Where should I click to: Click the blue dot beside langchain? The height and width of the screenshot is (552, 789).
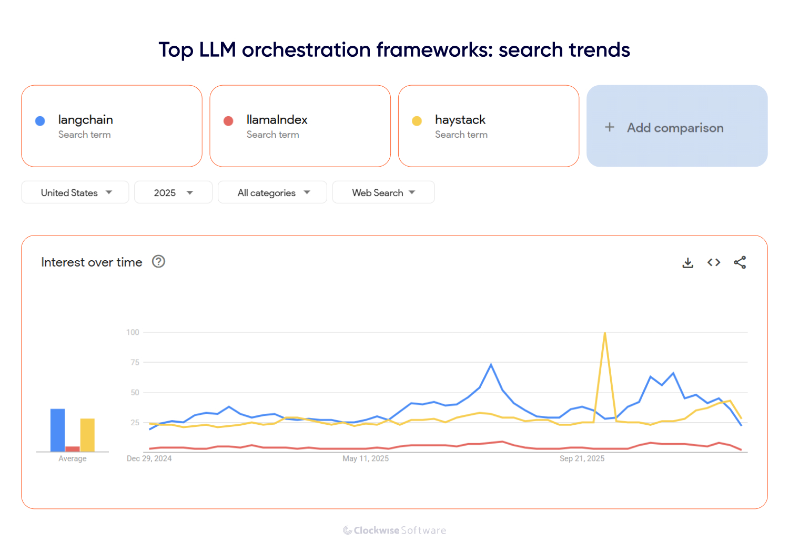tap(40, 121)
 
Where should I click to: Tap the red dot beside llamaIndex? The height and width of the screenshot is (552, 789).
tap(228, 121)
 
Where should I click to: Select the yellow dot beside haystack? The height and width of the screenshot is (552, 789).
tap(417, 121)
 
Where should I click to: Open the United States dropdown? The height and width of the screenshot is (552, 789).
tap(75, 192)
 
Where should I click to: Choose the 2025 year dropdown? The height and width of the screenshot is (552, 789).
tap(173, 192)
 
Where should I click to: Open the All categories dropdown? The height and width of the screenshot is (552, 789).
tap(272, 192)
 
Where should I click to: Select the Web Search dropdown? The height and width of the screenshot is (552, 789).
tap(383, 192)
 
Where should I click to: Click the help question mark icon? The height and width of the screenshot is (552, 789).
tap(158, 261)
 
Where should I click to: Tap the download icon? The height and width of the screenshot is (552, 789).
tap(687, 262)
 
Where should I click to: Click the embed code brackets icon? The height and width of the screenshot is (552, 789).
tap(714, 262)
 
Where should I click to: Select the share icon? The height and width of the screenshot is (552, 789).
tap(740, 262)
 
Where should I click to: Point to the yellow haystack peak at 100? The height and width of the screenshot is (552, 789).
tap(605, 333)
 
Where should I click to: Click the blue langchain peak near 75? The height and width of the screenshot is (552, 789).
tap(491, 364)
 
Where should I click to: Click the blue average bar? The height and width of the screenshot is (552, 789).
tap(57, 430)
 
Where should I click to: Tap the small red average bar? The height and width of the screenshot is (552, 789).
tap(73, 449)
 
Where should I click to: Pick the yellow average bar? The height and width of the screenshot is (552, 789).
tap(87, 435)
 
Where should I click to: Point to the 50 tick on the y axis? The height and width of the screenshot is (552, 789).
tap(135, 393)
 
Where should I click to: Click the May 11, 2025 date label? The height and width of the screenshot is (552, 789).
tap(366, 458)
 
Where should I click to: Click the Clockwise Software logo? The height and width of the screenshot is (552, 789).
tap(394, 530)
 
